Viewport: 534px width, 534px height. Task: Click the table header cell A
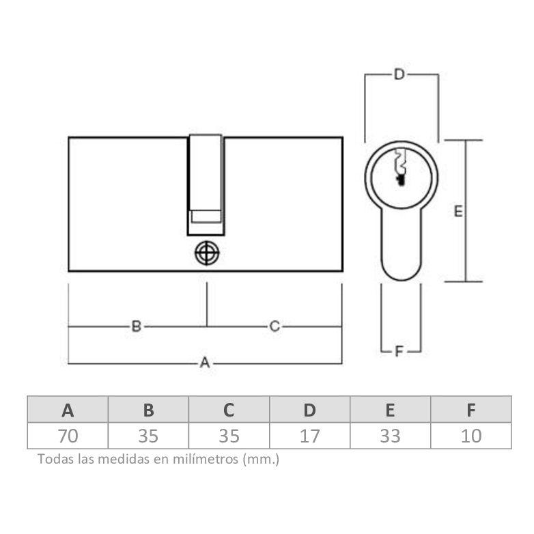click(68, 410)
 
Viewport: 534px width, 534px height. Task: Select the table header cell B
click(148, 410)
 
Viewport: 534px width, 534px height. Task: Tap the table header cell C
click(229, 410)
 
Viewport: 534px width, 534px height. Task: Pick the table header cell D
click(309, 410)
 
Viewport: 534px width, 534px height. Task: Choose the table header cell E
click(390, 410)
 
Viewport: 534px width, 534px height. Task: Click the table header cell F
click(471, 410)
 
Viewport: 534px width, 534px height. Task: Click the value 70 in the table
click(68, 436)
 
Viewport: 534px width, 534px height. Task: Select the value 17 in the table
click(309, 436)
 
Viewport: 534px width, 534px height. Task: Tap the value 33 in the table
click(390, 436)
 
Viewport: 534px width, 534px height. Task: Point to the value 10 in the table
click(471, 436)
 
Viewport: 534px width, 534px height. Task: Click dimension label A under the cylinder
click(204, 363)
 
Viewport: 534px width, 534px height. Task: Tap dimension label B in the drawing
click(137, 326)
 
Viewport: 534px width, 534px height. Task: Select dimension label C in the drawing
click(274, 326)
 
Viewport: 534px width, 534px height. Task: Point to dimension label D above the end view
click(400, 74)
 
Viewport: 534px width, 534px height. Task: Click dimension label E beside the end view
click(458, 212)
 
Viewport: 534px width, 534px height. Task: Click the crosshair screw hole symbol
click(206, 253)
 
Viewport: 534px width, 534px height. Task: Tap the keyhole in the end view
click(400, 169)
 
